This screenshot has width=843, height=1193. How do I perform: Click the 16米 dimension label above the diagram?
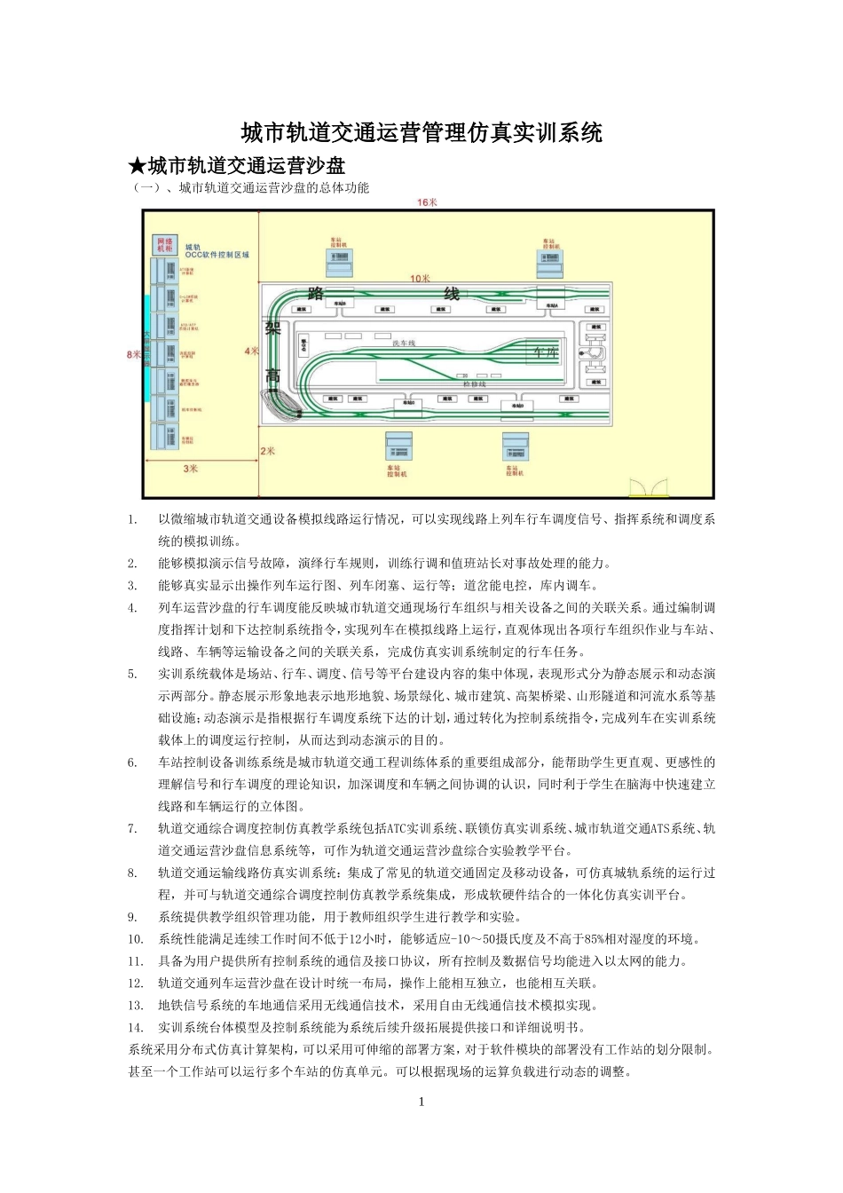(x=427, y=202)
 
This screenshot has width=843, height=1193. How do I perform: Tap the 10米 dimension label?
(x=420, y=279)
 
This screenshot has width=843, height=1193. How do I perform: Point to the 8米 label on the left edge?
(x=134, y=353)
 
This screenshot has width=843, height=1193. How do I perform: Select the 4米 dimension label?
(x=252, y=351)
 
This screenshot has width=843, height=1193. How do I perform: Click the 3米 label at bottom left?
(x=191, y=468)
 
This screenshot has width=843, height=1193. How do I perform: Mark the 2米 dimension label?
(x=267, y=451)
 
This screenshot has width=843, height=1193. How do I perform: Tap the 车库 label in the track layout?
(x=543, y=352)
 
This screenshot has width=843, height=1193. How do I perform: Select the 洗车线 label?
(x=404, y=343)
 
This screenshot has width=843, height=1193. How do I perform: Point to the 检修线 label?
(x=474, y=383)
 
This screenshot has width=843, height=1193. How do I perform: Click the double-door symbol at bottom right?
(x=647, y=487)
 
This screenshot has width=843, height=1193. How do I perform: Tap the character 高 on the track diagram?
(x=273, y=377)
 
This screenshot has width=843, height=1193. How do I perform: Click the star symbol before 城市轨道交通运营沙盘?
(x=137, y=166)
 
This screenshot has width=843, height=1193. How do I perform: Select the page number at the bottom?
(x=421, y=1102)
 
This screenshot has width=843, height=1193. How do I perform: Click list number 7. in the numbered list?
(x=132, y=828)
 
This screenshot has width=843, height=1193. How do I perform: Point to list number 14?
(x=136, y=1027)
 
